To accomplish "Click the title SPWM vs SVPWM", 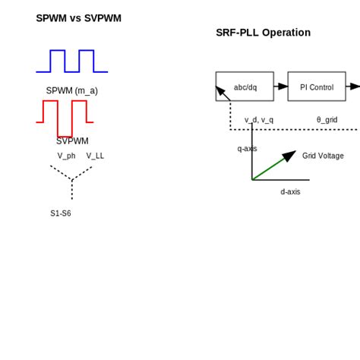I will coord(78,18).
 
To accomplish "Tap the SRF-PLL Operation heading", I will coord(263,33).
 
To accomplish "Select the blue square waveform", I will coord(71,62).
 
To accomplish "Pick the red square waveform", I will coord(65,118).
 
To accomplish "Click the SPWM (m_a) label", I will coord(71,91).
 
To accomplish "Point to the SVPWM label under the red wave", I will coord(72,141).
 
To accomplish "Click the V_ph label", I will coord(66,156).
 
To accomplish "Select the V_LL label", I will coord(95,156).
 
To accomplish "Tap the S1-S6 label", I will coord(61,213).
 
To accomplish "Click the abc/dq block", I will coord(245,87).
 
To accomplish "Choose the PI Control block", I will coord(317,87).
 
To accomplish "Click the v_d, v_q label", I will coord(258,120).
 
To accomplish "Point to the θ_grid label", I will coord(327,120).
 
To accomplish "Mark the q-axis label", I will coord(247,149).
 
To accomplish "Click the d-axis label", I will coord(290,192).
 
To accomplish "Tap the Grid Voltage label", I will coord(323,156).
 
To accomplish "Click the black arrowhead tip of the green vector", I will coord(294,153).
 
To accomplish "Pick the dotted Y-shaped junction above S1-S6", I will coord(72,181).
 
